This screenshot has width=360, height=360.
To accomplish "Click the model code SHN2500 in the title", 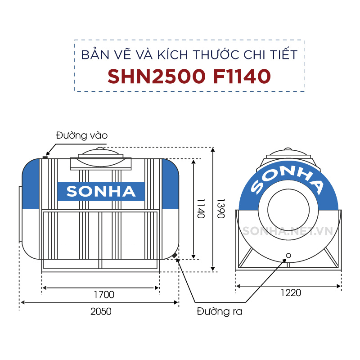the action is coord(157,76).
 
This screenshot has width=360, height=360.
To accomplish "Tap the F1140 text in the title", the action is coord(242,76).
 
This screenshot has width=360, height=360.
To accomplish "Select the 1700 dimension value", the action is coord(104,295).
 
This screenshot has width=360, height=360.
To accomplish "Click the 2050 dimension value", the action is coord(100,311).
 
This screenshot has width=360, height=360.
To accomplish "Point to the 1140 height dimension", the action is coord(201,208).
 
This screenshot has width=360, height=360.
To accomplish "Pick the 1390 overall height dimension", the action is coord(220,208).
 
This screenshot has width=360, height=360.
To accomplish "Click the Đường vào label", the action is coord(82,135).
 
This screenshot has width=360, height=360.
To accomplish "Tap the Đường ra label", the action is coord(220,311).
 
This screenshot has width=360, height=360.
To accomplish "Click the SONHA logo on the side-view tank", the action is coord(101,191).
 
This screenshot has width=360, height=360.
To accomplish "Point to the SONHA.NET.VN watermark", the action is coord(288,231).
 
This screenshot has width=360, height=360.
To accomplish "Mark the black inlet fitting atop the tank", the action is coord(45,157).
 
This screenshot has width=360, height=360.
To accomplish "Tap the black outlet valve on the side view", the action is coord(174,256).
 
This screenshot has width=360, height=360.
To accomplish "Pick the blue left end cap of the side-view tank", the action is coord(31,184).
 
